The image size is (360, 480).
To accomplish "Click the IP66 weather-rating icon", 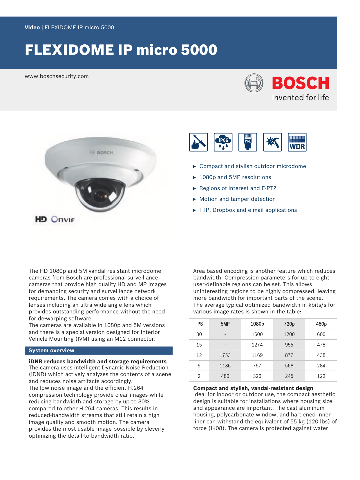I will pyautogui.click(x=223, y=142).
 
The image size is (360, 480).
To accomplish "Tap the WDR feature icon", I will pyautogui.click(x=297, y=142).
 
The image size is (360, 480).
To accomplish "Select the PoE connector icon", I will pyautogui.click(x=248, y=142).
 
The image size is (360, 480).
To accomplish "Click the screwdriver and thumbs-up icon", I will pyautogui.click(x=198, y=142).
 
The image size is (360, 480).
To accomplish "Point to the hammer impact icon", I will pyautogui.click(x=272, y=142).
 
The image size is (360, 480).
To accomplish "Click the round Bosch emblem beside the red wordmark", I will pyautogui.click(x=254, y=83).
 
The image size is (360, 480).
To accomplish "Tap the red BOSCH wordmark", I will pyautogui.click(x=301, y=83).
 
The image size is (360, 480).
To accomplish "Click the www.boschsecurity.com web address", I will pyautogui.click(x=57, y=76).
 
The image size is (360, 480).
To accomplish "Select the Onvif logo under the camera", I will pyautogui.click(x=63, y=219).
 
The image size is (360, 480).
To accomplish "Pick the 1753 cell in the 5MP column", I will pyautogui.click(x=225, y=355).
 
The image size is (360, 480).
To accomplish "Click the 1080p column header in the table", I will pyautogui.click(x=257, y=324).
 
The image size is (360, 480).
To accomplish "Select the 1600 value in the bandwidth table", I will pyautogui.click(x=257, y=334).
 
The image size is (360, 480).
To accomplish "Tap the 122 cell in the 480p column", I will pyautogui.click(x=321, y=376).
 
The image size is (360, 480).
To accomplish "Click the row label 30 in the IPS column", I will pyautogui.click(x=199, y=334).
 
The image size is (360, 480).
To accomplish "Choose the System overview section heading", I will pyautogui.click(x=51, y=351).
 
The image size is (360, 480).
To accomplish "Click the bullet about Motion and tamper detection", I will pyautogui.click(x=237, y=199).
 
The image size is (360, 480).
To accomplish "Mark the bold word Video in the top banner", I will pyautogui.click(x=32, y=28).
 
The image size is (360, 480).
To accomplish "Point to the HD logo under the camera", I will pyautogui.click(x=41, y=219).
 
